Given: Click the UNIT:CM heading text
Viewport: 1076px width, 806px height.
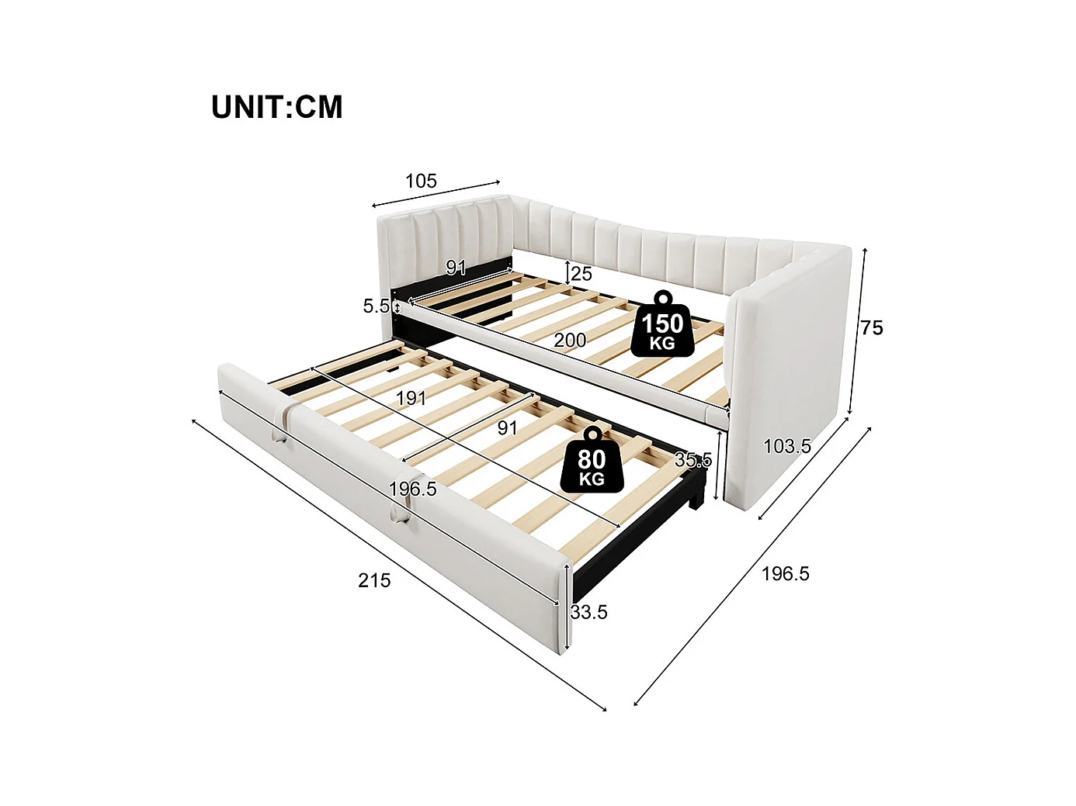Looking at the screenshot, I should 276,107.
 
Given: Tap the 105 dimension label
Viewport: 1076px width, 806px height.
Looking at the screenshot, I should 421,181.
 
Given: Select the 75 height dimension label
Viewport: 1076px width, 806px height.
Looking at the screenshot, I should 872,328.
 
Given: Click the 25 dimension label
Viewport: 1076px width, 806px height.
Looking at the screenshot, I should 581,273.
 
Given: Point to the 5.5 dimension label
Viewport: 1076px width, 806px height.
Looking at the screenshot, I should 376,306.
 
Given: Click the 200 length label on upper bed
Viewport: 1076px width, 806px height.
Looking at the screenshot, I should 570,340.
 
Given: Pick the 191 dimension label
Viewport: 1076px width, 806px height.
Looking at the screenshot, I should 411,398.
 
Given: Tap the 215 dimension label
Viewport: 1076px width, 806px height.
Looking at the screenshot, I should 374,580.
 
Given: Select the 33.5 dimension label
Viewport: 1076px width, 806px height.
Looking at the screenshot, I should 589,612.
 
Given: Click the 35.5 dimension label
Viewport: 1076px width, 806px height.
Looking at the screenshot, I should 692,460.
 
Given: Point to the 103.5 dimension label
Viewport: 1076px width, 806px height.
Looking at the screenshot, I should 787,446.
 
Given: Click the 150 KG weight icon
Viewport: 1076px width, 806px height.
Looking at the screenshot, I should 662,325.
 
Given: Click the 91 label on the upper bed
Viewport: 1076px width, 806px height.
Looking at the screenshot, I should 456,268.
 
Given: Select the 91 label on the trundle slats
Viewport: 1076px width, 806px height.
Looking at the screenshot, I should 507,427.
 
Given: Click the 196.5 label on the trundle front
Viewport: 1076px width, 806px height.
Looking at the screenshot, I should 413,489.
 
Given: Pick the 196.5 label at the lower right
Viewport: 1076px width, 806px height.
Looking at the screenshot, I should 786,573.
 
